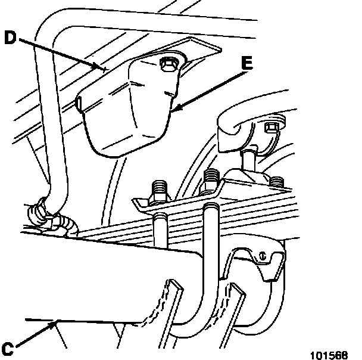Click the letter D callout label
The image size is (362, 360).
pos(10,37)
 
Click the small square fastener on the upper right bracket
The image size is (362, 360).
pos(270,126)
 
